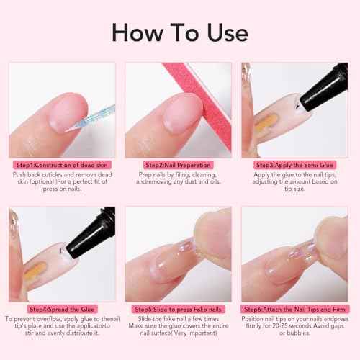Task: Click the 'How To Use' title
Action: [180, 32]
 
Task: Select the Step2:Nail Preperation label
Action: [179, 165]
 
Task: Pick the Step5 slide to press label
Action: [179, 309]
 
